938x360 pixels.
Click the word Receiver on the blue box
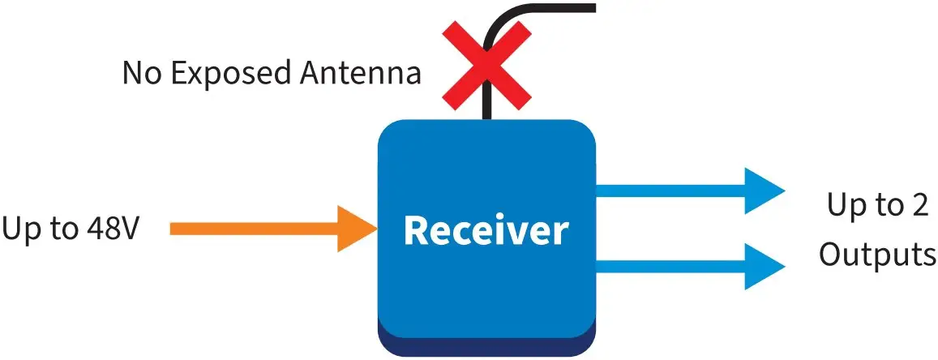pos(486,230)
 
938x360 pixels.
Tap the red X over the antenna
pos(486,64)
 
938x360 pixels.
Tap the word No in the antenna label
pos(139,74)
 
